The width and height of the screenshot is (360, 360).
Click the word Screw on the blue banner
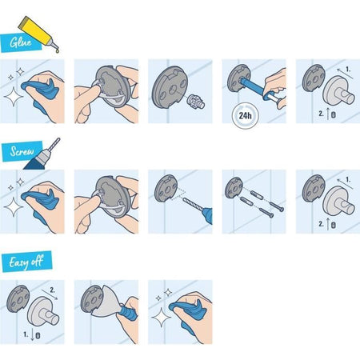[22, 151]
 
